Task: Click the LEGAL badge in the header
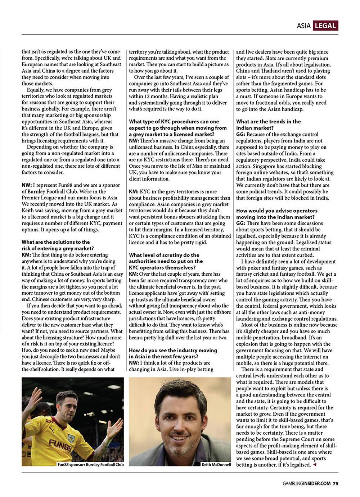click(x=325, y=26)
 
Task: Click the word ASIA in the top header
click(x=304, y=26)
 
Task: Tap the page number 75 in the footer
click(x=336, y=483)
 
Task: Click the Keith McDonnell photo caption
click(x=216, y=465)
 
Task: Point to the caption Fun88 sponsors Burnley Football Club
click(x=90, y=465)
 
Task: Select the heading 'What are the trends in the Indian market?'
click(x=268, y=125)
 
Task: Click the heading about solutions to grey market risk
click(x=58, y=245)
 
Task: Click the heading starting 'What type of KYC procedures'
click(x=178, y=128)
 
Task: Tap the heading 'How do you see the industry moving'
click(x=173, y=353)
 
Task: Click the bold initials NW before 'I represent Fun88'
click(x=26, y=185)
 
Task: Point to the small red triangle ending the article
click(x=315, y=465)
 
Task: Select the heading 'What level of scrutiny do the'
click(x=166, y=261)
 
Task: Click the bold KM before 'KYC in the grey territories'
click(x=134, y=191)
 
